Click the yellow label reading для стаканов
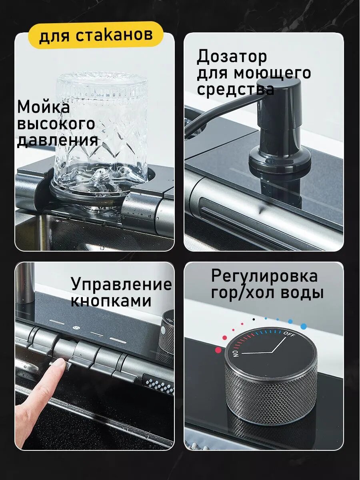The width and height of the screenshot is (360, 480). tap(96, 34)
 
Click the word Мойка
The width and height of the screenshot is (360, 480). tap(43, 107)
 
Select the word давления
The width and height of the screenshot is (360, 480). tap(58, 140)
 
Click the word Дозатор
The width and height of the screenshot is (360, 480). tap(232, 57)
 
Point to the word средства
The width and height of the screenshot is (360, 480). tap(236, 89)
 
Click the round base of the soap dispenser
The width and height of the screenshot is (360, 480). tap(280, 160)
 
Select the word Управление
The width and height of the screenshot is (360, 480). tap(121, 285)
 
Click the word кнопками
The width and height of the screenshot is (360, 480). tap(111, 301)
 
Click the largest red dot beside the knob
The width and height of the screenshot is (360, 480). tap(218, 350)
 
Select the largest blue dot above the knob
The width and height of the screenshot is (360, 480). tap(303, 326)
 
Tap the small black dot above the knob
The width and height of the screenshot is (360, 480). tap(254, 319)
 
